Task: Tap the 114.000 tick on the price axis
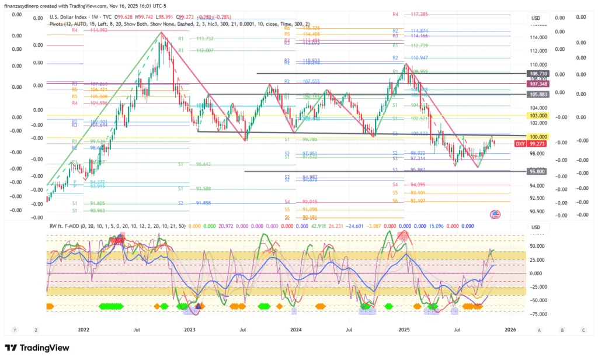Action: click(x=538, y=37)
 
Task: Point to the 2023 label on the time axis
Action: click(x=190, y=330)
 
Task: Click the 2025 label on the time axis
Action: click(x=404, y=330)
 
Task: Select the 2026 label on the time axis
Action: click(x=510, y=330)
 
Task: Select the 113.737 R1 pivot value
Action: click(x=204, y=39)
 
